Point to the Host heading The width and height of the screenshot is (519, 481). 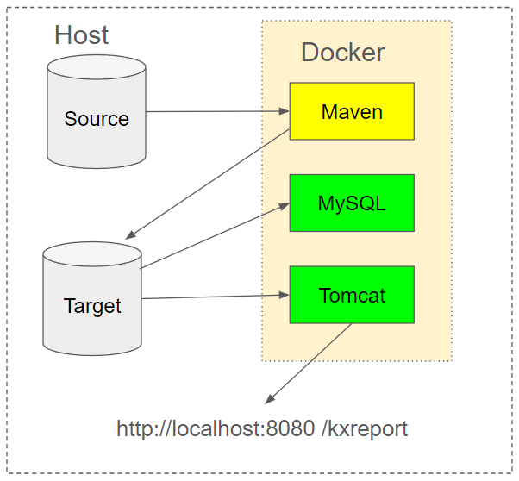point(81,35)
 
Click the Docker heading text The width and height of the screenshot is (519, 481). point(342,53)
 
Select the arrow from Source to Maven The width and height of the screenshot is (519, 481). point(216,111)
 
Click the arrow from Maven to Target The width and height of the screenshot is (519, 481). point(207,184)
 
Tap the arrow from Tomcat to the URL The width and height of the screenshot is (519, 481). point(309,363)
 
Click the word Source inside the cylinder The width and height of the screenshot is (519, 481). point(97,119)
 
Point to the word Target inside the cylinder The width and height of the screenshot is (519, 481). point(92,306)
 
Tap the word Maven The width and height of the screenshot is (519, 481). point(352,112)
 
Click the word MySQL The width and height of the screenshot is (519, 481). point(352,204)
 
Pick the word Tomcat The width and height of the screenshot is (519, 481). point(352,296)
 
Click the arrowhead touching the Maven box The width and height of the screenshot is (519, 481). point(284,111)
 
